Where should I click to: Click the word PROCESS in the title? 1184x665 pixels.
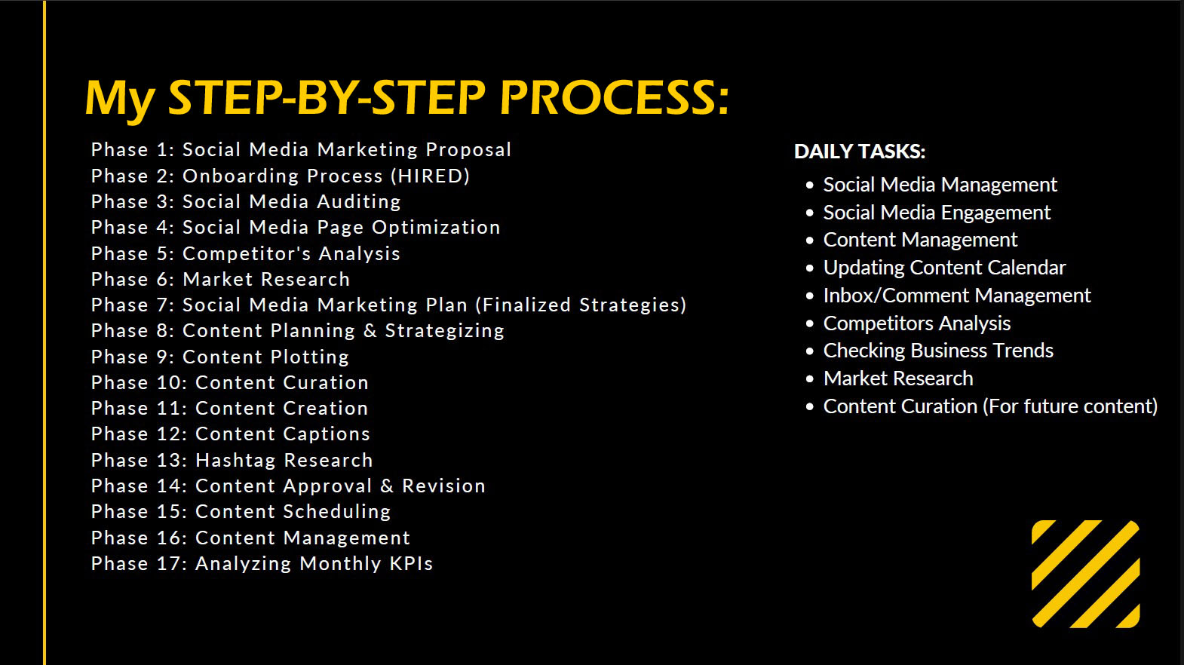point(614,98)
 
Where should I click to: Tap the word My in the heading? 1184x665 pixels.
point(119,100)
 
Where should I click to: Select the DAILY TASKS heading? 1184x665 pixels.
point(860,152)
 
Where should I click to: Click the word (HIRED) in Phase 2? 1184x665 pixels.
point(431,176)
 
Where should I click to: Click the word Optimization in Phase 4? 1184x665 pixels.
point(436,228)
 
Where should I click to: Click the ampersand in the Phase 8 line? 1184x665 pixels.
point(370,331)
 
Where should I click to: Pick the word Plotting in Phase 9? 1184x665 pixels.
point(307,357)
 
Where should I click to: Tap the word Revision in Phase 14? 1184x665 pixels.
point(443,486)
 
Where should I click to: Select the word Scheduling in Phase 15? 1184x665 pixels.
point(336,512)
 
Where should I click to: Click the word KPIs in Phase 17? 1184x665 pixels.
point(411,563)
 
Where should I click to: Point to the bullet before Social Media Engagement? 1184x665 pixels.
point(810,213)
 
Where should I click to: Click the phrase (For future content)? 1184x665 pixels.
point(1070,406)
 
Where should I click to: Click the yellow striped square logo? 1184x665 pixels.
point(1086,574)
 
